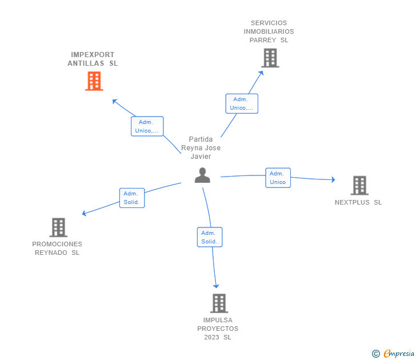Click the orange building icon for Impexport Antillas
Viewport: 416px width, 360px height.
coord(94,81)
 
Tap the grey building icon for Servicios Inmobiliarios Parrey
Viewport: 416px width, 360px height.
coord(270,58)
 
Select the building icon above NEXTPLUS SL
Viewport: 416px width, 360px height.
coord(360,186)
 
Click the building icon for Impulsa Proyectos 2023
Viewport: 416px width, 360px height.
coord(219,303)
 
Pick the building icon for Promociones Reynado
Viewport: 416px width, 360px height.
coord(58,227)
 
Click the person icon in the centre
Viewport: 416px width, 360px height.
coord(202,175)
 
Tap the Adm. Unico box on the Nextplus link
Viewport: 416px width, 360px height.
coord(278,178)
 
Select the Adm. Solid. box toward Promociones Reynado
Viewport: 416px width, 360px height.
coord(132,198)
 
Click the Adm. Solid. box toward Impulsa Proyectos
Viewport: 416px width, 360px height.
coord(210,237)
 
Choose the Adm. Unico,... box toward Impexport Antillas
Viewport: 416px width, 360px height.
coord(147,126)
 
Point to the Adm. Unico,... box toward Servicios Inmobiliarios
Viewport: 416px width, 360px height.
coord(242,103)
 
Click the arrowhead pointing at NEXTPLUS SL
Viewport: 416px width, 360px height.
coord(333,179)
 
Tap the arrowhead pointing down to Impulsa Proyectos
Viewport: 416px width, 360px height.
coord(216,286)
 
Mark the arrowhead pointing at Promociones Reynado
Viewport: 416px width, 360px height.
coord(84,213)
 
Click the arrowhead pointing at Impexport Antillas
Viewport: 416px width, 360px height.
coord(115,101)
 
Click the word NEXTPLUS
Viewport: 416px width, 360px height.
coord(352,202)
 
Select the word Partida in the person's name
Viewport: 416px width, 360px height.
coord(201,139)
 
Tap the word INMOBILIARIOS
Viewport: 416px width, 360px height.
coord(269,31)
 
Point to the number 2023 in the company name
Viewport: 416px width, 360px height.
coord(211,337)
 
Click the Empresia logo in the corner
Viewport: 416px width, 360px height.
coord(393,353)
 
